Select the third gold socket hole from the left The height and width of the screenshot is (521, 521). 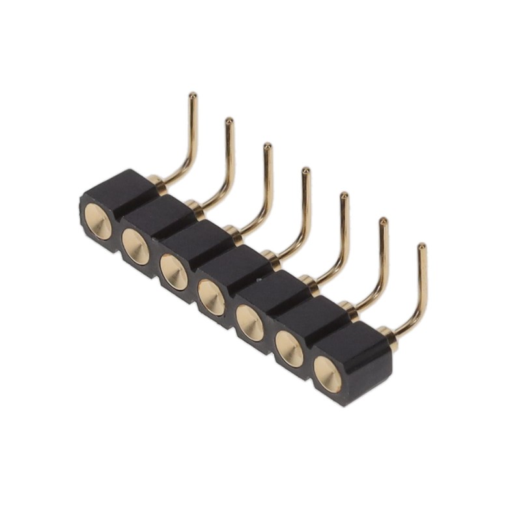[174, 272]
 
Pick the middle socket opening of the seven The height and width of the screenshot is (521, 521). [212, 297]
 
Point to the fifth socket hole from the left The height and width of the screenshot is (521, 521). [250, 322]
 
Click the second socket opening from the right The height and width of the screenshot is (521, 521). [289, 348]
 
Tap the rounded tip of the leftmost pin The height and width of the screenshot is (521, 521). [192, 96]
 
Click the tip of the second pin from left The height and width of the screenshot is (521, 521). [229, 121]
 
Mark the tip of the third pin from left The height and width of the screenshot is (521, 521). [267, 147]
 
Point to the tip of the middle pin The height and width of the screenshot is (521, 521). [305, 171]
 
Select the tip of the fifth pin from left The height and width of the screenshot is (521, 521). [344, 196]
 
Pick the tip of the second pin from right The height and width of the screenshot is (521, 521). [383, 221]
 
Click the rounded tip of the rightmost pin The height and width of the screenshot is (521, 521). [421, 247]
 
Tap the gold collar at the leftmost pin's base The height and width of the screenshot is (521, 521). [155, 180]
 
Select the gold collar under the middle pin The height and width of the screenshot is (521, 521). [270, 258]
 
